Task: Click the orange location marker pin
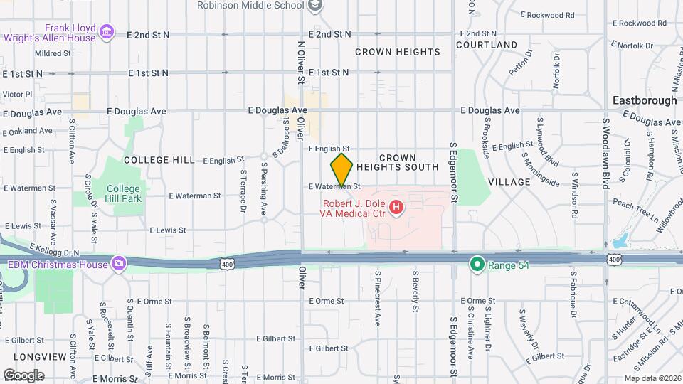(x=341, y=169)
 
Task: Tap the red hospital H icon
(x=397, y=208)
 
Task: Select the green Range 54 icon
(x=477, y=265)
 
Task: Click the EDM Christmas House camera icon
(x=118, y=265)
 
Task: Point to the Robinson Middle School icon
(x=315, y=6)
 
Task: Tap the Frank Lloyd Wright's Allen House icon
(x=107, y=31)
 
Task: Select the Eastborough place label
(x=645, y=100)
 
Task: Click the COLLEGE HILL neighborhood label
(x=158, y=160)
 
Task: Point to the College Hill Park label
(x=123, y=193)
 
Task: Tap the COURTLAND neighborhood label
(x=487, y=45)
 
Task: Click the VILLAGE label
(x=509, y=182)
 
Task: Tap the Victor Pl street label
(x=17, y=94)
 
